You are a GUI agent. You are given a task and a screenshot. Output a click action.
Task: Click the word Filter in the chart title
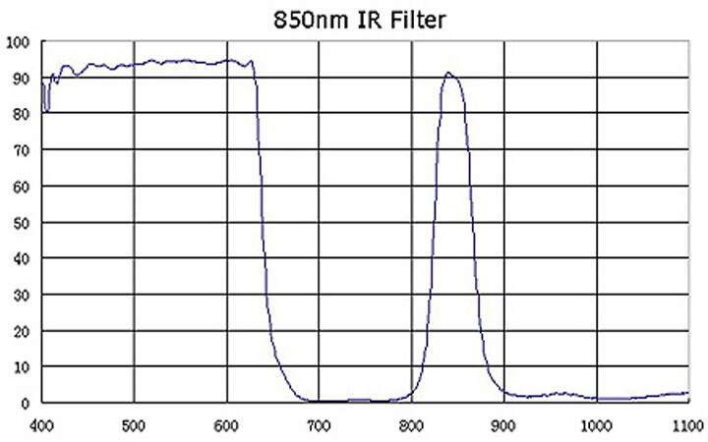(418, 21)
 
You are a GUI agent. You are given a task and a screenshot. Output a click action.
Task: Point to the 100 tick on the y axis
(18, 43)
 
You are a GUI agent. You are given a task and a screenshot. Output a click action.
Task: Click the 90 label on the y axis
(22, 79)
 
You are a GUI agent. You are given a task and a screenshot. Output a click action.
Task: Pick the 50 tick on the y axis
(22, 223)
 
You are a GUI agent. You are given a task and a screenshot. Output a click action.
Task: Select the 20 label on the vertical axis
(22, 332)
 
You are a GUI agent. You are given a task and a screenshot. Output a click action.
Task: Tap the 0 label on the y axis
(26, 404)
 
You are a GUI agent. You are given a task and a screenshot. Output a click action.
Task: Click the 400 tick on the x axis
(41, 425)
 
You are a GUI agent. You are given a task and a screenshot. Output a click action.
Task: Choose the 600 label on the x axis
(226, 425)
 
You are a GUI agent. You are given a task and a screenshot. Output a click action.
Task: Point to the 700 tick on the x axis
(319, 425)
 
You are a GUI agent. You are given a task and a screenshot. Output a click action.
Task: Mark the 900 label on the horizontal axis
(503, 425)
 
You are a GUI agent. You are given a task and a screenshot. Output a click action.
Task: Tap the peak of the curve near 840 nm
(448, 72)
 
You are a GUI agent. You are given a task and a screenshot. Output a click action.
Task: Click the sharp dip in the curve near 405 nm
(46, 111)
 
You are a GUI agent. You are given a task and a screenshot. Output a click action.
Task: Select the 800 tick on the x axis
(411, 425)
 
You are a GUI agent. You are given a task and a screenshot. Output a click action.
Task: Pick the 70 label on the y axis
(22, 150)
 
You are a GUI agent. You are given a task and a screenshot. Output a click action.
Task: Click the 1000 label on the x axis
(597, 425)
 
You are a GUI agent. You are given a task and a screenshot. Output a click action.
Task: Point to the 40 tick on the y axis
(22, 259)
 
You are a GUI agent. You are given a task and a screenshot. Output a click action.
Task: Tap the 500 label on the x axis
(134, 425)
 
